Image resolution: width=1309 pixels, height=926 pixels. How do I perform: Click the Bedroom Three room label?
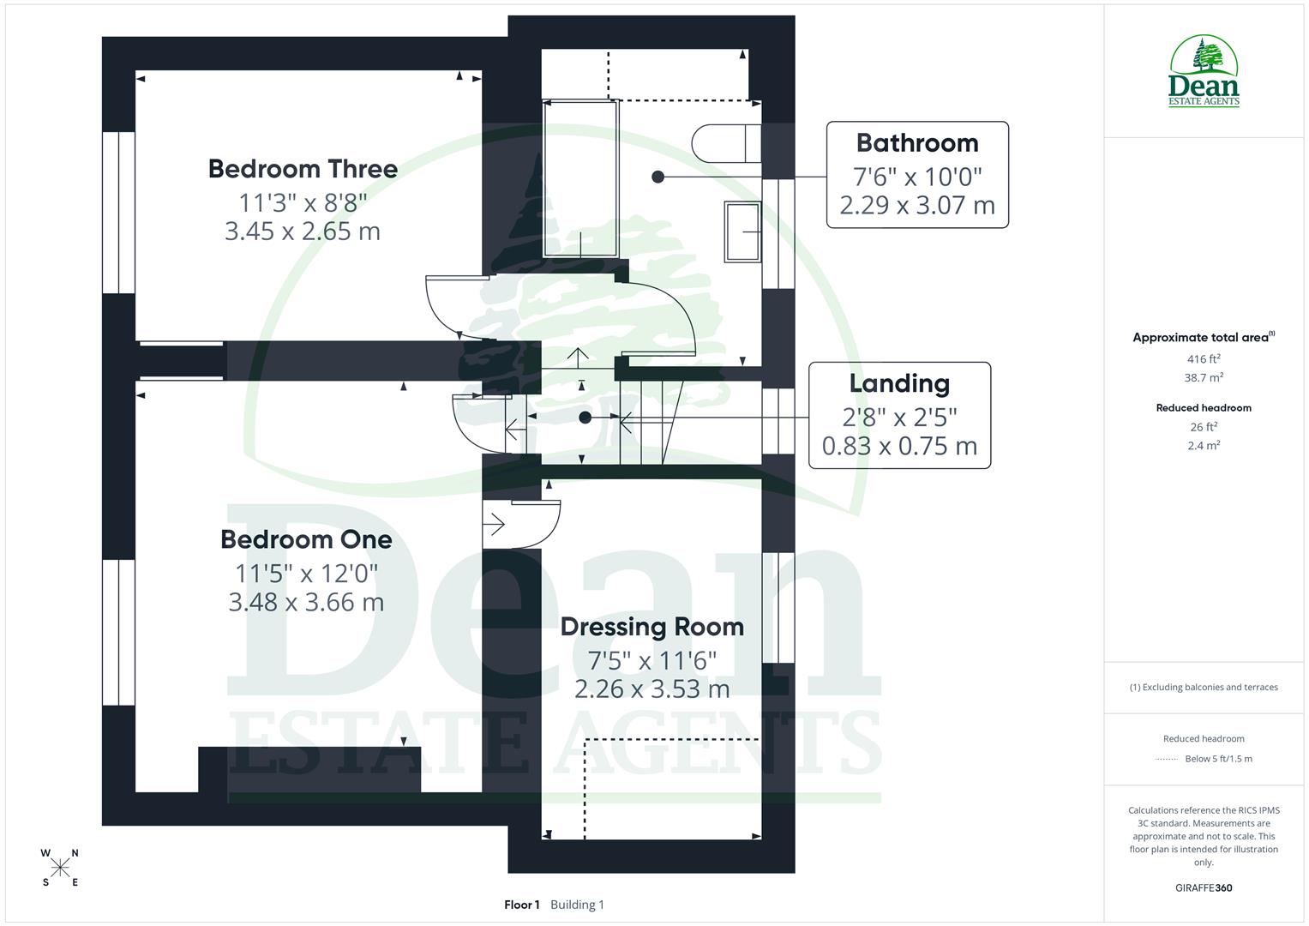pos(303,168)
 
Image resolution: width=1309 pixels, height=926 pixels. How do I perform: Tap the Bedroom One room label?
pos(306,539)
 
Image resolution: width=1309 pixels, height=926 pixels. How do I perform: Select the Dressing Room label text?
pos(651,627)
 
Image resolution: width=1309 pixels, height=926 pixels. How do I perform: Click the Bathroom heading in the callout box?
pos(916,143)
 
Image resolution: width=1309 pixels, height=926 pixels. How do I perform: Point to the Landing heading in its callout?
pos(899,383)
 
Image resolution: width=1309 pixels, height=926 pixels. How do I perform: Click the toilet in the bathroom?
pos(724,143)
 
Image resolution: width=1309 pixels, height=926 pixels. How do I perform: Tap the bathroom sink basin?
pos(742,231)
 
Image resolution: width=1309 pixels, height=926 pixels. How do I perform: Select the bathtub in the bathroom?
pos(580,178)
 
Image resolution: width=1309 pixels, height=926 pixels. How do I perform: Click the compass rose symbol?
pos(60,868)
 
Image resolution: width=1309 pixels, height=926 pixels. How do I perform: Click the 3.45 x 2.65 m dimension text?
pos(303,231)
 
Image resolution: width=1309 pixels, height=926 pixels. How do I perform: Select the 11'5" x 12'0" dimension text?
pos(306,572)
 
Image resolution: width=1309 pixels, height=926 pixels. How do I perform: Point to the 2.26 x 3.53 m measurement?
pos(651,689)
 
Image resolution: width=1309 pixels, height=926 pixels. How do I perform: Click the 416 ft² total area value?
pos(1204,359)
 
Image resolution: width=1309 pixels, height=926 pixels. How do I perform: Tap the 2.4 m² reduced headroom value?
pos(1204,445)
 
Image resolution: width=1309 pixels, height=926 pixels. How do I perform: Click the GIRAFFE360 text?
pos(1204,887)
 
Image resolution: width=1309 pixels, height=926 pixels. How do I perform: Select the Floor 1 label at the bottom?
pos(521,905)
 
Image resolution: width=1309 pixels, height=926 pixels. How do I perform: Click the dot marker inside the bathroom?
pos(658,177)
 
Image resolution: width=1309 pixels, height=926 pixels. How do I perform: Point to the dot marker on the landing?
pos(585,418)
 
